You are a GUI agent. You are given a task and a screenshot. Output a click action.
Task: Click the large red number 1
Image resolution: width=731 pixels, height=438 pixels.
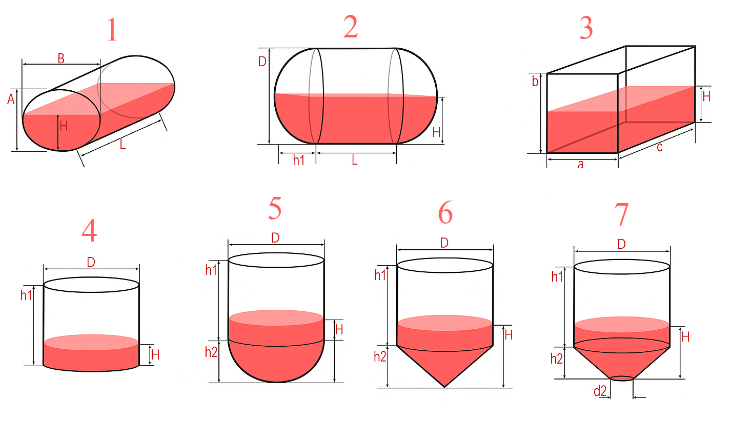click(112, 30)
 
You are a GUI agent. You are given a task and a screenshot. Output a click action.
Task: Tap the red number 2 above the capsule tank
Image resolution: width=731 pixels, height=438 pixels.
click(351, 27)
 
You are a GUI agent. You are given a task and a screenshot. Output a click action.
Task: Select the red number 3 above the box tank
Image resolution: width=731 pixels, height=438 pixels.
click(586, 28)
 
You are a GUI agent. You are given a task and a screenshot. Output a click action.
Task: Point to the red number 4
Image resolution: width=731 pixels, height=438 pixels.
click(89, 230)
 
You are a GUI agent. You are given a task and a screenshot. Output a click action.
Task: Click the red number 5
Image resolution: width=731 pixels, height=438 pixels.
click(275, 208)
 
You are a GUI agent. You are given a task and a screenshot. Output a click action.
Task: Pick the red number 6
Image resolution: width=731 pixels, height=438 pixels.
click(445, 212)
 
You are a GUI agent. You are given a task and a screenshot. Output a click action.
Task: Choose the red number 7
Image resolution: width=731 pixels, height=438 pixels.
click(621, 214)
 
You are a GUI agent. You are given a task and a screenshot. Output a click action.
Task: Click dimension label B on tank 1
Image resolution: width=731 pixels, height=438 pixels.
click(61, 59)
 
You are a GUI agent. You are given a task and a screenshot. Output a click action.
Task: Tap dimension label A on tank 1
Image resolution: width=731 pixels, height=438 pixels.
click(11, 99)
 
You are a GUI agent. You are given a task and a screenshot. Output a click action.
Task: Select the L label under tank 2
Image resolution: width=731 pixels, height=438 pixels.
click(355, 160)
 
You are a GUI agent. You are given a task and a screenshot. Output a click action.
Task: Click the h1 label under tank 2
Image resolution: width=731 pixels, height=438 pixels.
click(298, 161)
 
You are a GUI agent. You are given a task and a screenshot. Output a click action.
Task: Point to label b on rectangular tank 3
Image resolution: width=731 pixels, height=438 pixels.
click(535, 82)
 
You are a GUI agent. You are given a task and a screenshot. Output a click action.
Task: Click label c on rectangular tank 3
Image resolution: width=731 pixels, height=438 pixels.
click(660, 148)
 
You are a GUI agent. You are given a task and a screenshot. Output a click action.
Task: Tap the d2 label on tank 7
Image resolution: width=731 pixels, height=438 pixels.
click(600, 391)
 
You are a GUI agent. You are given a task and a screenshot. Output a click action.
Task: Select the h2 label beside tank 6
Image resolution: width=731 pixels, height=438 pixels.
click(380, 356)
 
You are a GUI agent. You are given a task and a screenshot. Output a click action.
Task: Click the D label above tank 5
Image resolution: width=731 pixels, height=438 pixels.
click(275, 238)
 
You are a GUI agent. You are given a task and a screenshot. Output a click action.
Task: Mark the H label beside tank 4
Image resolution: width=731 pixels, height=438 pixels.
click(155, 355)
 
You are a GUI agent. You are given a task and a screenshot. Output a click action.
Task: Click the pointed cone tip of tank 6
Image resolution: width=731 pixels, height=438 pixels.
click(444, 387)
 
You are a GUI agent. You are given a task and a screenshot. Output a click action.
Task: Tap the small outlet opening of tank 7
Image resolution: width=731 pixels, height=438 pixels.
click(622, 379)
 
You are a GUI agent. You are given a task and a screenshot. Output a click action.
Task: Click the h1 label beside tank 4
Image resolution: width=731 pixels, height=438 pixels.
click(26, 295)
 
